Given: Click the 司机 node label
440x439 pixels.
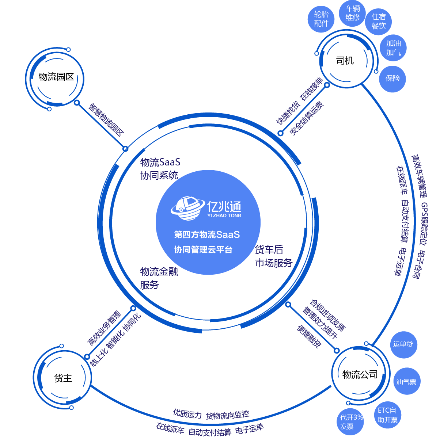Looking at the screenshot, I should pyautogui.click(x=345, y=61).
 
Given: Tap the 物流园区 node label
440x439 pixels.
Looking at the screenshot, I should pyautogui.click(x=56, y=77).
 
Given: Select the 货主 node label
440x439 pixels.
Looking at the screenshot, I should pyautogui.click(x=63, y=378).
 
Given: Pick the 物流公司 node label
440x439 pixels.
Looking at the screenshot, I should pyautogui.click(x=360, y=374).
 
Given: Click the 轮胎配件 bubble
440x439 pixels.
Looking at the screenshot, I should pyautogui.click(x=321, y=19).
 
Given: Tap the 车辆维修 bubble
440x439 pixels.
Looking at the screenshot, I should pyautogui.click(x=352, y=13).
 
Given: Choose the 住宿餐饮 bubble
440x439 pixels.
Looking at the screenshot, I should pyautogui.click(x=378, y=22).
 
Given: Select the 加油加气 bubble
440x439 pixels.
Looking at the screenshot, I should pyautogui.click(x=393, y=48).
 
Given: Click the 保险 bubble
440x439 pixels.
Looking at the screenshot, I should pyautogui.click(x=392, y=78).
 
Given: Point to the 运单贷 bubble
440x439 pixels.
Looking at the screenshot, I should pyautogui.click(x=403, y=344).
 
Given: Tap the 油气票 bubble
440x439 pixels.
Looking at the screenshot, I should pyautogui.click(x=406, y=382).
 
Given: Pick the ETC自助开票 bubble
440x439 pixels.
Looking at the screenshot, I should pyautogui.click(x=387, y=415).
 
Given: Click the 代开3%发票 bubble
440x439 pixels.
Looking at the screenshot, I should pyautogui.click(x=351, y=422).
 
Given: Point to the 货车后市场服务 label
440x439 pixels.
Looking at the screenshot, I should pyautogui.click(x=273, y=256).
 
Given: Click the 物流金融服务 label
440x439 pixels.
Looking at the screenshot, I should pyautogui.click(x=159, y=278).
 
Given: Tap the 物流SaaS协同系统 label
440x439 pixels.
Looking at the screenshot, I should pyautogui.click(x=160, y=168).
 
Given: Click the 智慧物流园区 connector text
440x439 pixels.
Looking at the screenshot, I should pyautogui.click(x=106, y=120).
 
